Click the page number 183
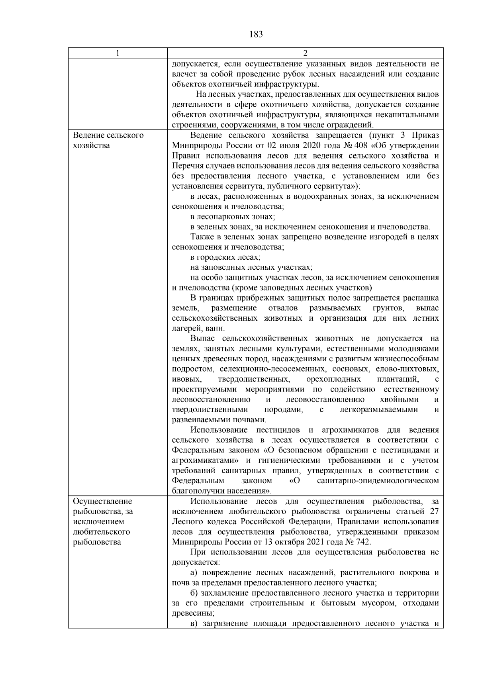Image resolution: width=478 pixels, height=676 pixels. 256,34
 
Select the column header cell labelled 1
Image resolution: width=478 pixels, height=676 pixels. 118,53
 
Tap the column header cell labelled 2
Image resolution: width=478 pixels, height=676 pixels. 305,53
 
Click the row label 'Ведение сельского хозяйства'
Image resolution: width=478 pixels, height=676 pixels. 108,140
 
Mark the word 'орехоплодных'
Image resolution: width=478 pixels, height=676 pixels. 334,379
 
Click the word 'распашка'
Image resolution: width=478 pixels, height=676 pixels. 421,298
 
